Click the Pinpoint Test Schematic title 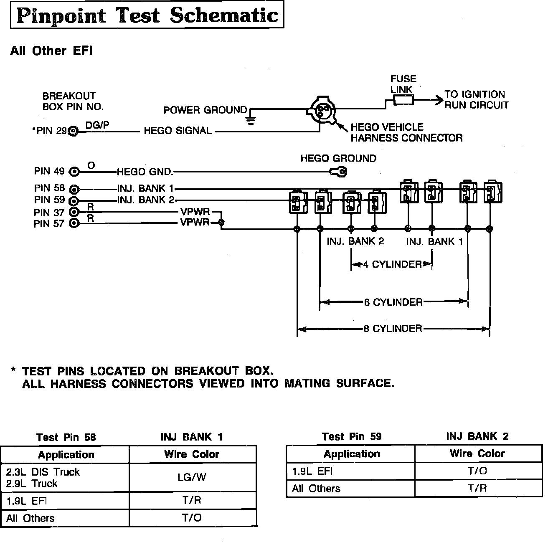pos(147,16)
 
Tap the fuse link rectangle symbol pos(403,100)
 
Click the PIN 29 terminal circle pos(74,132)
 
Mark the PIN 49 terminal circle pos(74,172)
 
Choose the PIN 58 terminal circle pos(74,189)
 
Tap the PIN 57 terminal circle pos(74,223)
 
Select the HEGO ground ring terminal pos(339,171)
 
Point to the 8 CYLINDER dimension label pos(393,329)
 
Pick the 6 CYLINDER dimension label pos(393,302)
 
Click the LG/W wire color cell pos(192,477)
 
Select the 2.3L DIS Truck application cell pos(43,472)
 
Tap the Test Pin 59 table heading pos(352,437)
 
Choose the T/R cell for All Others pos(477,489)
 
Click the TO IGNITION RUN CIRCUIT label pos(476,100)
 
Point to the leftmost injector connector pos(298,203)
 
